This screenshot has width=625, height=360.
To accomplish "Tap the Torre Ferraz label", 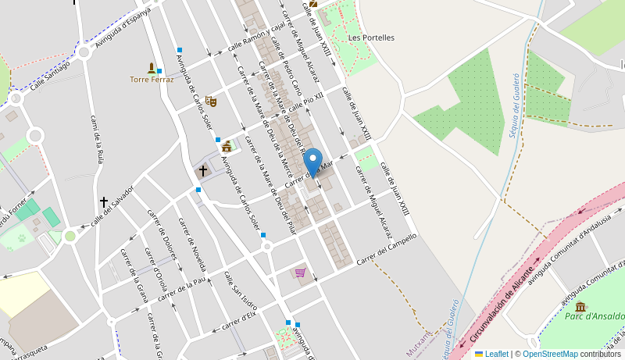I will (152, 80).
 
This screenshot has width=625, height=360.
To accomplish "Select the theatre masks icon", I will (210, 101).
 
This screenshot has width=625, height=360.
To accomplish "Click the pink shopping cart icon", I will (300, 273).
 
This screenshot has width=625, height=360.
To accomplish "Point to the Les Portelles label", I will (371, 37).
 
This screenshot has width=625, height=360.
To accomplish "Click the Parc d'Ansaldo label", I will (595, 316).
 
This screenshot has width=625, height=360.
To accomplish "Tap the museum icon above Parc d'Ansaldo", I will (580, 305).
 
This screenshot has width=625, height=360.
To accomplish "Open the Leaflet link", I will (495, 354).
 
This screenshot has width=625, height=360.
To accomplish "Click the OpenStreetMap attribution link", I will (551, 354).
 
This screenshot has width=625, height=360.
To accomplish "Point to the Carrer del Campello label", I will (387, 248).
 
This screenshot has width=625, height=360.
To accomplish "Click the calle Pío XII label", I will (306, 101).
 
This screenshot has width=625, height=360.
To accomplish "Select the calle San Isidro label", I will (240, 290).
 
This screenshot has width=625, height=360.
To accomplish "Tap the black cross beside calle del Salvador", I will (103, 201).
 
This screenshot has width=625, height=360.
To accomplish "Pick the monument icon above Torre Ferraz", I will (152, 68).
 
